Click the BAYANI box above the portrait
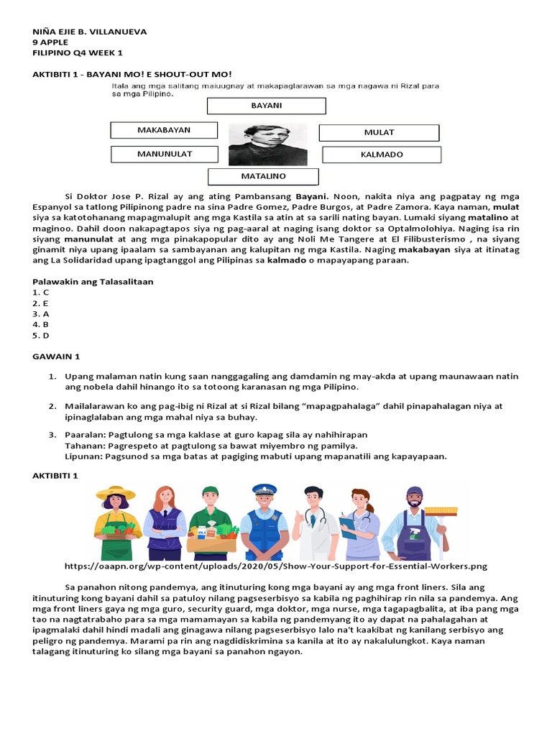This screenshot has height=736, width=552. [x=266, y=106]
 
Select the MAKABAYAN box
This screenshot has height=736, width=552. [x=164, y=130]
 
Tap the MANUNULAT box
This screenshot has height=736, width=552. [x=164, y=154]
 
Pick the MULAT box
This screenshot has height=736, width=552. [x=379, y=132]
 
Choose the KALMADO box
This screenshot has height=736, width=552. [x=382, y=155]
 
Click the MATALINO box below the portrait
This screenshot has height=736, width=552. [x=263, y=176]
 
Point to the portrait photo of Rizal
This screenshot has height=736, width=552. [x=267, y=144]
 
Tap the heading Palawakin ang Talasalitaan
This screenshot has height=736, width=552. [x=93, y=282]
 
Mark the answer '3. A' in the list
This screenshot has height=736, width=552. [x=41, y=314]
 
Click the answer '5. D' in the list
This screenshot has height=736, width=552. [x=41, y=335]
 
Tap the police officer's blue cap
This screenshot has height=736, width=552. [x=264, y=489]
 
